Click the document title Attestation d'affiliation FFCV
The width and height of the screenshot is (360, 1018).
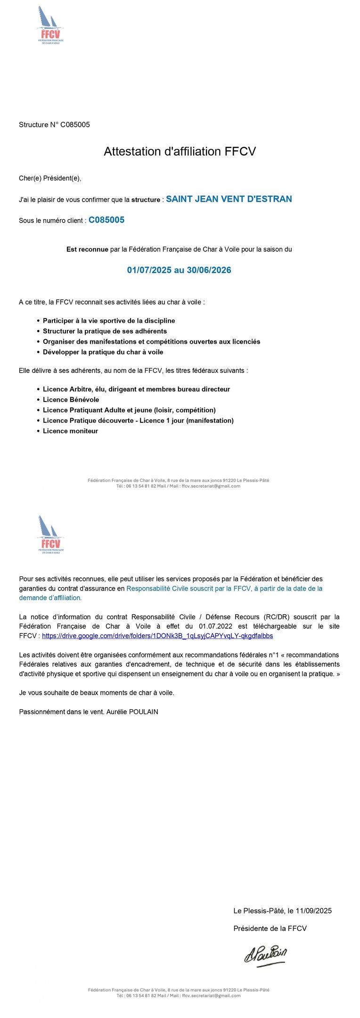[x=180, y=151]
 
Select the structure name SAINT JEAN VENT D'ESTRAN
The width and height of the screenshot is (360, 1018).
[x=229, y=199]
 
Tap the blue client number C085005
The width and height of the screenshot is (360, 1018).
[x=106, y=220]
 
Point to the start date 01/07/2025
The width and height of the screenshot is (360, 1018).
[x=149, y=270]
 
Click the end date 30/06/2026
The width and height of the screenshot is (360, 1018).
[x=209, y=270]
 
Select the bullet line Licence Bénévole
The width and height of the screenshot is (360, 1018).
[x=71, y=400]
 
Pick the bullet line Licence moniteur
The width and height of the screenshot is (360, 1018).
[x=70, y=431]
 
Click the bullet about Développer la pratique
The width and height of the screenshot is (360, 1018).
[x=103, y=352]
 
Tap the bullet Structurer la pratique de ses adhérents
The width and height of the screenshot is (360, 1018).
[x=105, y=331]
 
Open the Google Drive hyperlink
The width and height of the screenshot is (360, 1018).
[x=157, y=636]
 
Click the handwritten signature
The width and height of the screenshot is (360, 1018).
[x=265, y=955]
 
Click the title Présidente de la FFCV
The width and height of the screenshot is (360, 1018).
[x=270, y=928]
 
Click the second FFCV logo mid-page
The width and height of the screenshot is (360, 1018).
[x=50, y=534]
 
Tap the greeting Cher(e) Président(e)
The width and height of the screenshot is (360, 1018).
[x=50, y=178]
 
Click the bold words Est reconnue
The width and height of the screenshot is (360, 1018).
[x=87, y=249]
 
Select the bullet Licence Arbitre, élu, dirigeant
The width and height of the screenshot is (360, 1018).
[x=136, y=389]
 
